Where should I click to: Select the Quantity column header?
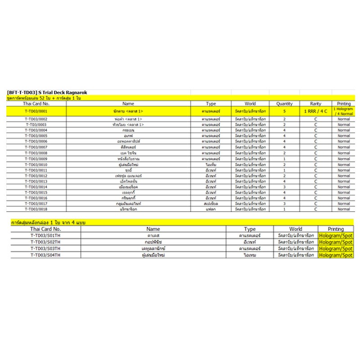(284, 103)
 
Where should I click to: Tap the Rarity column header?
(316, 103)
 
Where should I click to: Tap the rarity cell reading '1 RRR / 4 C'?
(316, 111)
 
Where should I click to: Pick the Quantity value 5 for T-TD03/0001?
(284, 111)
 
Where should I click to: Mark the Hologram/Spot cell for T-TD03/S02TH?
(336, 242)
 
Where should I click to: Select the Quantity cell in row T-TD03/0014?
(284, 187)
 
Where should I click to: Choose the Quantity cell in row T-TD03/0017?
(284, 203)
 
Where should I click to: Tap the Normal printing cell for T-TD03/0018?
(343, 209)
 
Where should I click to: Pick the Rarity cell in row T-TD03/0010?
(316, 164)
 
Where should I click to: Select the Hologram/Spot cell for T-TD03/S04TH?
(336, 255)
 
